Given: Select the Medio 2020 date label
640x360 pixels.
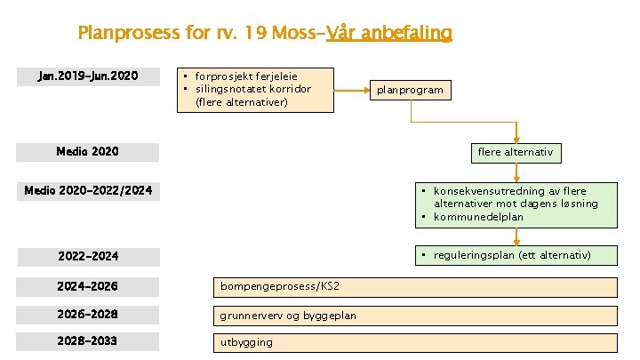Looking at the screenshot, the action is pos(88,151).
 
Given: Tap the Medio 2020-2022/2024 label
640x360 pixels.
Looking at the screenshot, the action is pos(88,190).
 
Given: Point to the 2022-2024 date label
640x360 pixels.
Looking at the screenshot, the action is pos(88,256).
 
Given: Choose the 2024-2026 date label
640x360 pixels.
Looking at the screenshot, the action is pos(88,286).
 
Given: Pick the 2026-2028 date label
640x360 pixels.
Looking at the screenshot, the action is pos(88,314).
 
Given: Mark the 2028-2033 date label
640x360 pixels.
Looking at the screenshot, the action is pos(88,341).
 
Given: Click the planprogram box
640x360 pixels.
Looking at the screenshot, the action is pos(410,90).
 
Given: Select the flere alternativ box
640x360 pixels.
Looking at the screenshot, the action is pos(515,152).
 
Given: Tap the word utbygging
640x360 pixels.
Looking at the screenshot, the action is pos(247,342).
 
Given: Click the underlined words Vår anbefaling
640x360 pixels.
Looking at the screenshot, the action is pos(388,34).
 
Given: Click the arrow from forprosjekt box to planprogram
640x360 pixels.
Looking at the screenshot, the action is pos(352,90).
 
